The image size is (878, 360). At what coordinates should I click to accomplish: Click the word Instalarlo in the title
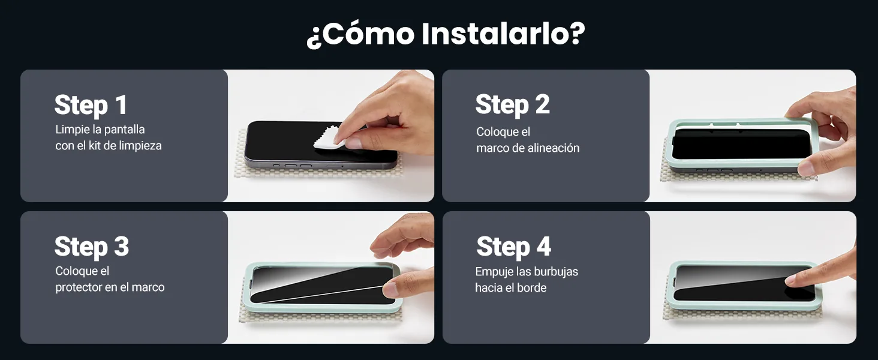pyautogui.click(x=503, y=34)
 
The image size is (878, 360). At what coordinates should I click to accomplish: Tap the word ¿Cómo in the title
pyautogui.click(x=360, y=35)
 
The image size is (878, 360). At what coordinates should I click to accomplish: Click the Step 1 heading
pyautogui.click(x=91, y=106)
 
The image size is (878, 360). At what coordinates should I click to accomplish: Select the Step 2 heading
pyautogui.click(x=513, y=105)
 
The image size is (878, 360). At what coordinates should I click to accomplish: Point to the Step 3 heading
pyautogui.click(x=92, y=247)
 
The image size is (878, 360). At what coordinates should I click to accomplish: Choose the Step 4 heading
pyautogui.click(x=514, y=247)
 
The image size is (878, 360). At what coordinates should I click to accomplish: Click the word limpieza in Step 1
pyautogui.click(x=140, y=146)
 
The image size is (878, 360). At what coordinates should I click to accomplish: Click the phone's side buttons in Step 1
pyautogui.click(x=293, y=166)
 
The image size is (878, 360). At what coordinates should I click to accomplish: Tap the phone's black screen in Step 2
pyautogui.click(x=741, y=143)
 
